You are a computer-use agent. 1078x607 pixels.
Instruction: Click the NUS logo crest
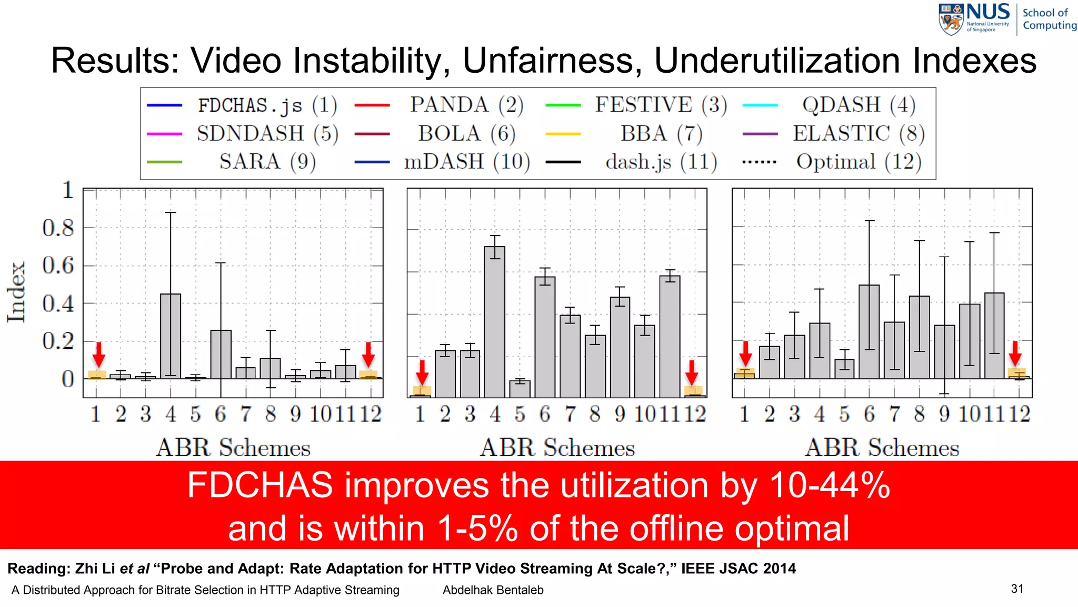951,19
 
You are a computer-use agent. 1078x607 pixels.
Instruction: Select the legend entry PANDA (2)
466,105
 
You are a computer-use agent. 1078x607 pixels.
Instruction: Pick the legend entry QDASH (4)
858,105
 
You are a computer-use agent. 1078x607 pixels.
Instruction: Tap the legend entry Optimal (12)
858,162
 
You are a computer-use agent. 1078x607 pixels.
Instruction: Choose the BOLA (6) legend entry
466,133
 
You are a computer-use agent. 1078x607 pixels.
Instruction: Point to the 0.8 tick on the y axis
58,228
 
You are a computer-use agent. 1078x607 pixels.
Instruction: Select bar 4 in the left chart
171,336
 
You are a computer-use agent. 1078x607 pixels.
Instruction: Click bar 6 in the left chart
221,354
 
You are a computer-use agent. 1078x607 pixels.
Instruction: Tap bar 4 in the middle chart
495,321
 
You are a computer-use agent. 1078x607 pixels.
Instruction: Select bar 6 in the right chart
869,332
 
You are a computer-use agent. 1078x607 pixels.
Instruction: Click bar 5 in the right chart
844,369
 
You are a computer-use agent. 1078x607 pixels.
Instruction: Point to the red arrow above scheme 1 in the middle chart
422,372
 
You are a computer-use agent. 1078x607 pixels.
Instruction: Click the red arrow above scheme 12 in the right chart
1015,353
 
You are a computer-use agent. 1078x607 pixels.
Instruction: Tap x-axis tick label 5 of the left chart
196,414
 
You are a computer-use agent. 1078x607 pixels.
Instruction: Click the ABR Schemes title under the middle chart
557,448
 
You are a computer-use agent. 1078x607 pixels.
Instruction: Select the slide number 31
1017,589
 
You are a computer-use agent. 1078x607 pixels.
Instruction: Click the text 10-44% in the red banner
830,485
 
